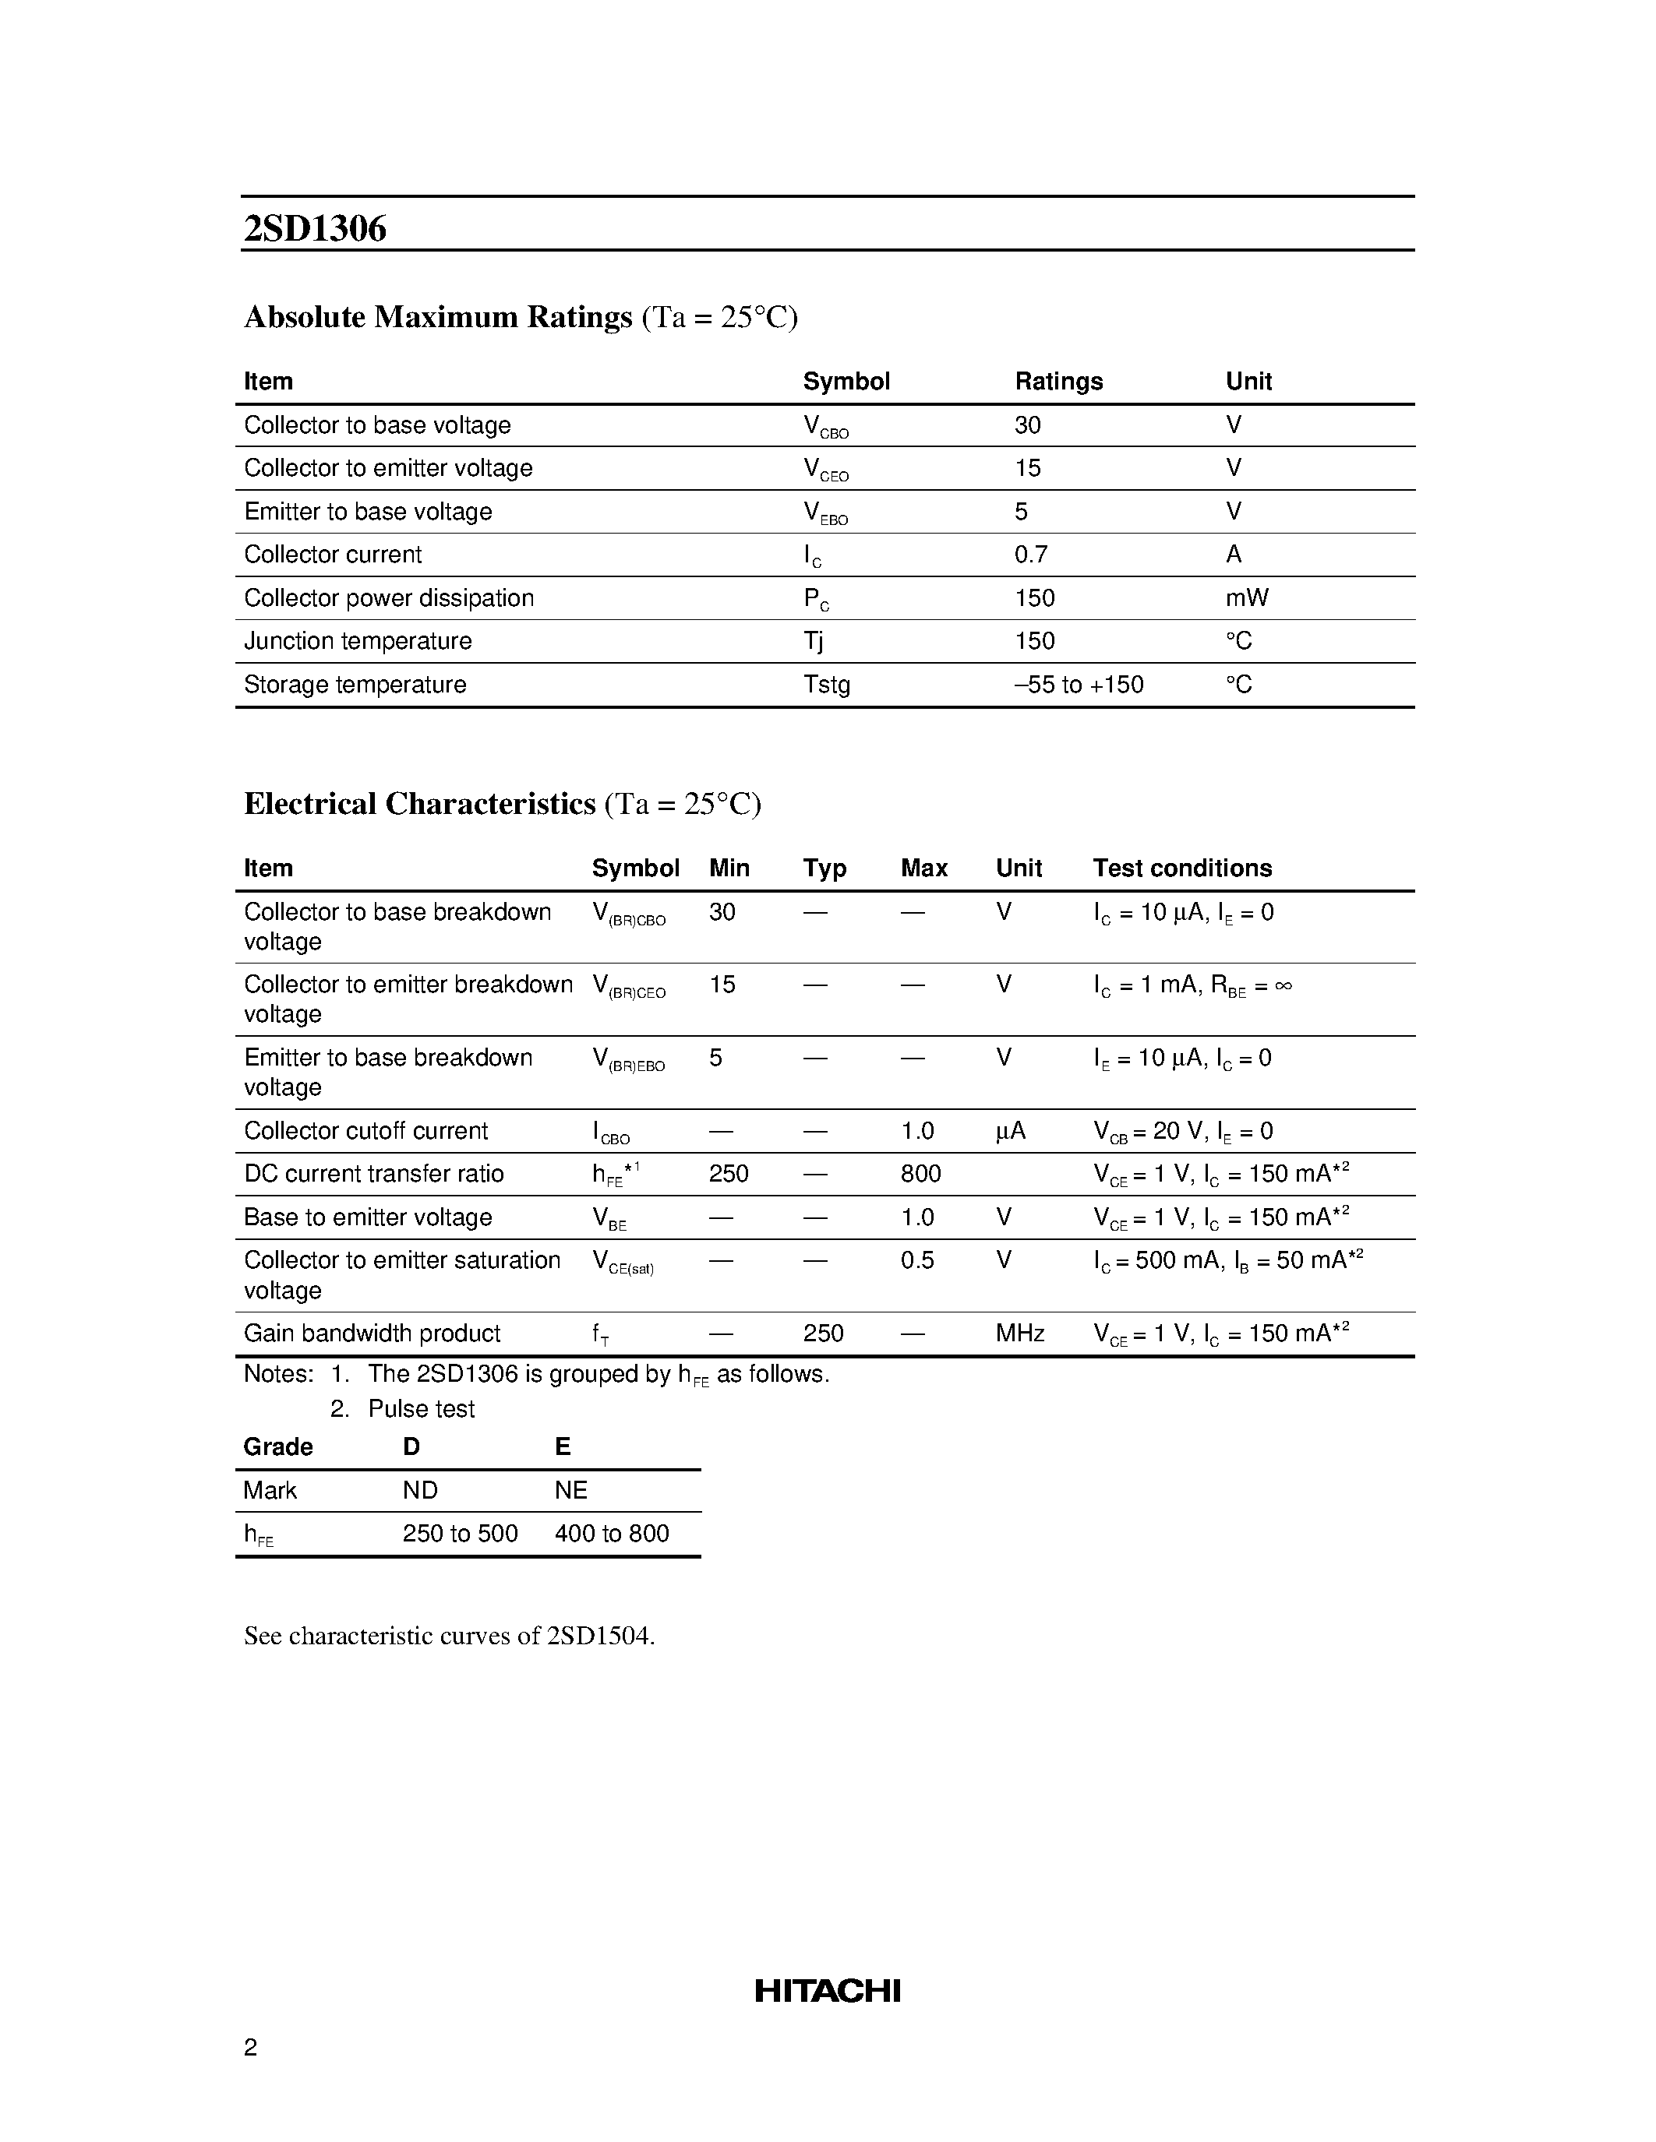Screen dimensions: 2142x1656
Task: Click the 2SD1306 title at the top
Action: coord(315,228)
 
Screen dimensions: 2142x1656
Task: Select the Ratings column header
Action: coord(1058,382)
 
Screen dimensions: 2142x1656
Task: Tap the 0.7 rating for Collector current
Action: coord(1031,555)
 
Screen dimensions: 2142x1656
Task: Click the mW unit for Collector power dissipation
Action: coord(1246,598)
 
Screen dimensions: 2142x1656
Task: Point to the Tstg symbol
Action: coord(827,685)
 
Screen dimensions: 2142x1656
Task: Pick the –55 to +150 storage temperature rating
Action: coord(1079,685)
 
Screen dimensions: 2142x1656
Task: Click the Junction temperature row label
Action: coord(357,641)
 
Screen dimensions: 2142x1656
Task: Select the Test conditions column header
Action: coord(1182,868)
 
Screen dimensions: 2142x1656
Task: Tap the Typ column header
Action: coord(824,868)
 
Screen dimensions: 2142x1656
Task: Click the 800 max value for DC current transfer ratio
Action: coord(920,1174)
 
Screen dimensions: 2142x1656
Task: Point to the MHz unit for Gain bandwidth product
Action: coord(1019,1333)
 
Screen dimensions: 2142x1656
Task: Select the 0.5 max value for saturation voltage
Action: coord(917,1260)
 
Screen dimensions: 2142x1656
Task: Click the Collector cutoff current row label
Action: coord(365,1131)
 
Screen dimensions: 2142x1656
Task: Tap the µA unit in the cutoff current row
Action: coord(1011,1132)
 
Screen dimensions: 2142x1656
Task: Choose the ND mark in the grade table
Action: coord(420,1491)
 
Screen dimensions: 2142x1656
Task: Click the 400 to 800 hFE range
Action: coord(611,1534)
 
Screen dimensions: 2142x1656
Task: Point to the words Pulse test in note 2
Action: coord(421,1409)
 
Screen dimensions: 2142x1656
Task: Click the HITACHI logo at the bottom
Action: coord(827,1991)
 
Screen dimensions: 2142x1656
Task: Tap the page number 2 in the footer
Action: coord(250,2047)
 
